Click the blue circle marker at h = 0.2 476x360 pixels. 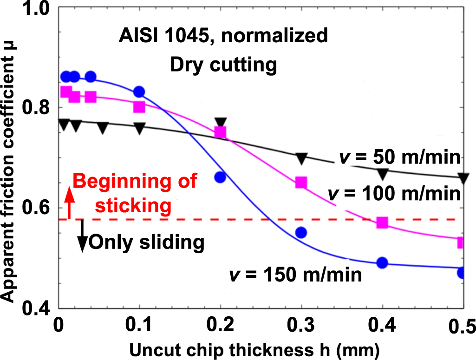220,177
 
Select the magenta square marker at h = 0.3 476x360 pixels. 301,182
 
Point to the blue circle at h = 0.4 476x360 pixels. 382,263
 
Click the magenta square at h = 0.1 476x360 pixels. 139,107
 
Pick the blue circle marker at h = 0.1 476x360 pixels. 139,92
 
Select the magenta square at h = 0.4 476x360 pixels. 382,223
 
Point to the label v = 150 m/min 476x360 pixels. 295,275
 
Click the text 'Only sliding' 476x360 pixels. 146,242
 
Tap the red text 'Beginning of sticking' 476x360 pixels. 135,193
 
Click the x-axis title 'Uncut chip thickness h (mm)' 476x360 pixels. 257,348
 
